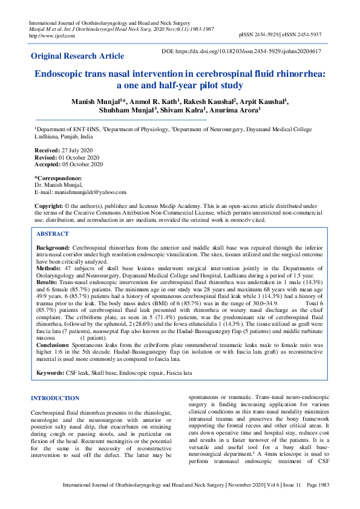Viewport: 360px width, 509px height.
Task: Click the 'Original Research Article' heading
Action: coord(77,56)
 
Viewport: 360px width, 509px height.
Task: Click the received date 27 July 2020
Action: coord(77,149)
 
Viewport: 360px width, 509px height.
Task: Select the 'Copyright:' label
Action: coord(48,206)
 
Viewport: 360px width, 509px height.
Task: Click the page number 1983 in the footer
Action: coord(322,502)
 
